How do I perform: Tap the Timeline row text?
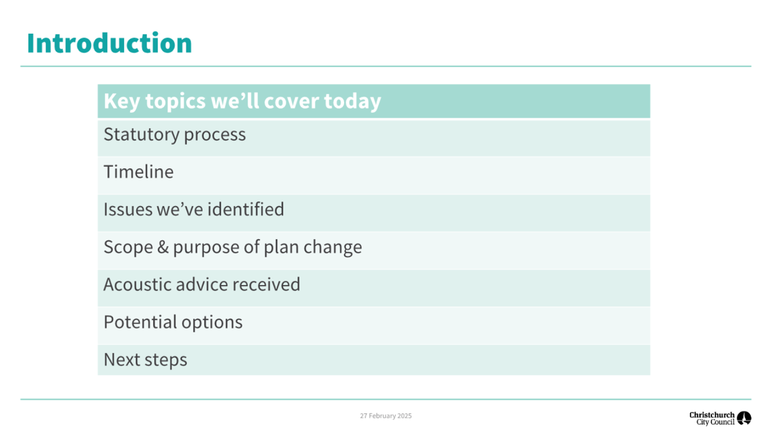pos(139,171)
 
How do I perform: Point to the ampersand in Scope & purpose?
pos(163,247)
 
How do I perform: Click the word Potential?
pos(140,322)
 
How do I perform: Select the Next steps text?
pos(145,360)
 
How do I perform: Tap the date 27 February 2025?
pos(386,416)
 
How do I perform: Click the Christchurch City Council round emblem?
pos(744,418)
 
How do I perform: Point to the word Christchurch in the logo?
pos(712,414)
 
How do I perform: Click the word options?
pos(212,323)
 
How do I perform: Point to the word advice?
pos(202,284)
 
